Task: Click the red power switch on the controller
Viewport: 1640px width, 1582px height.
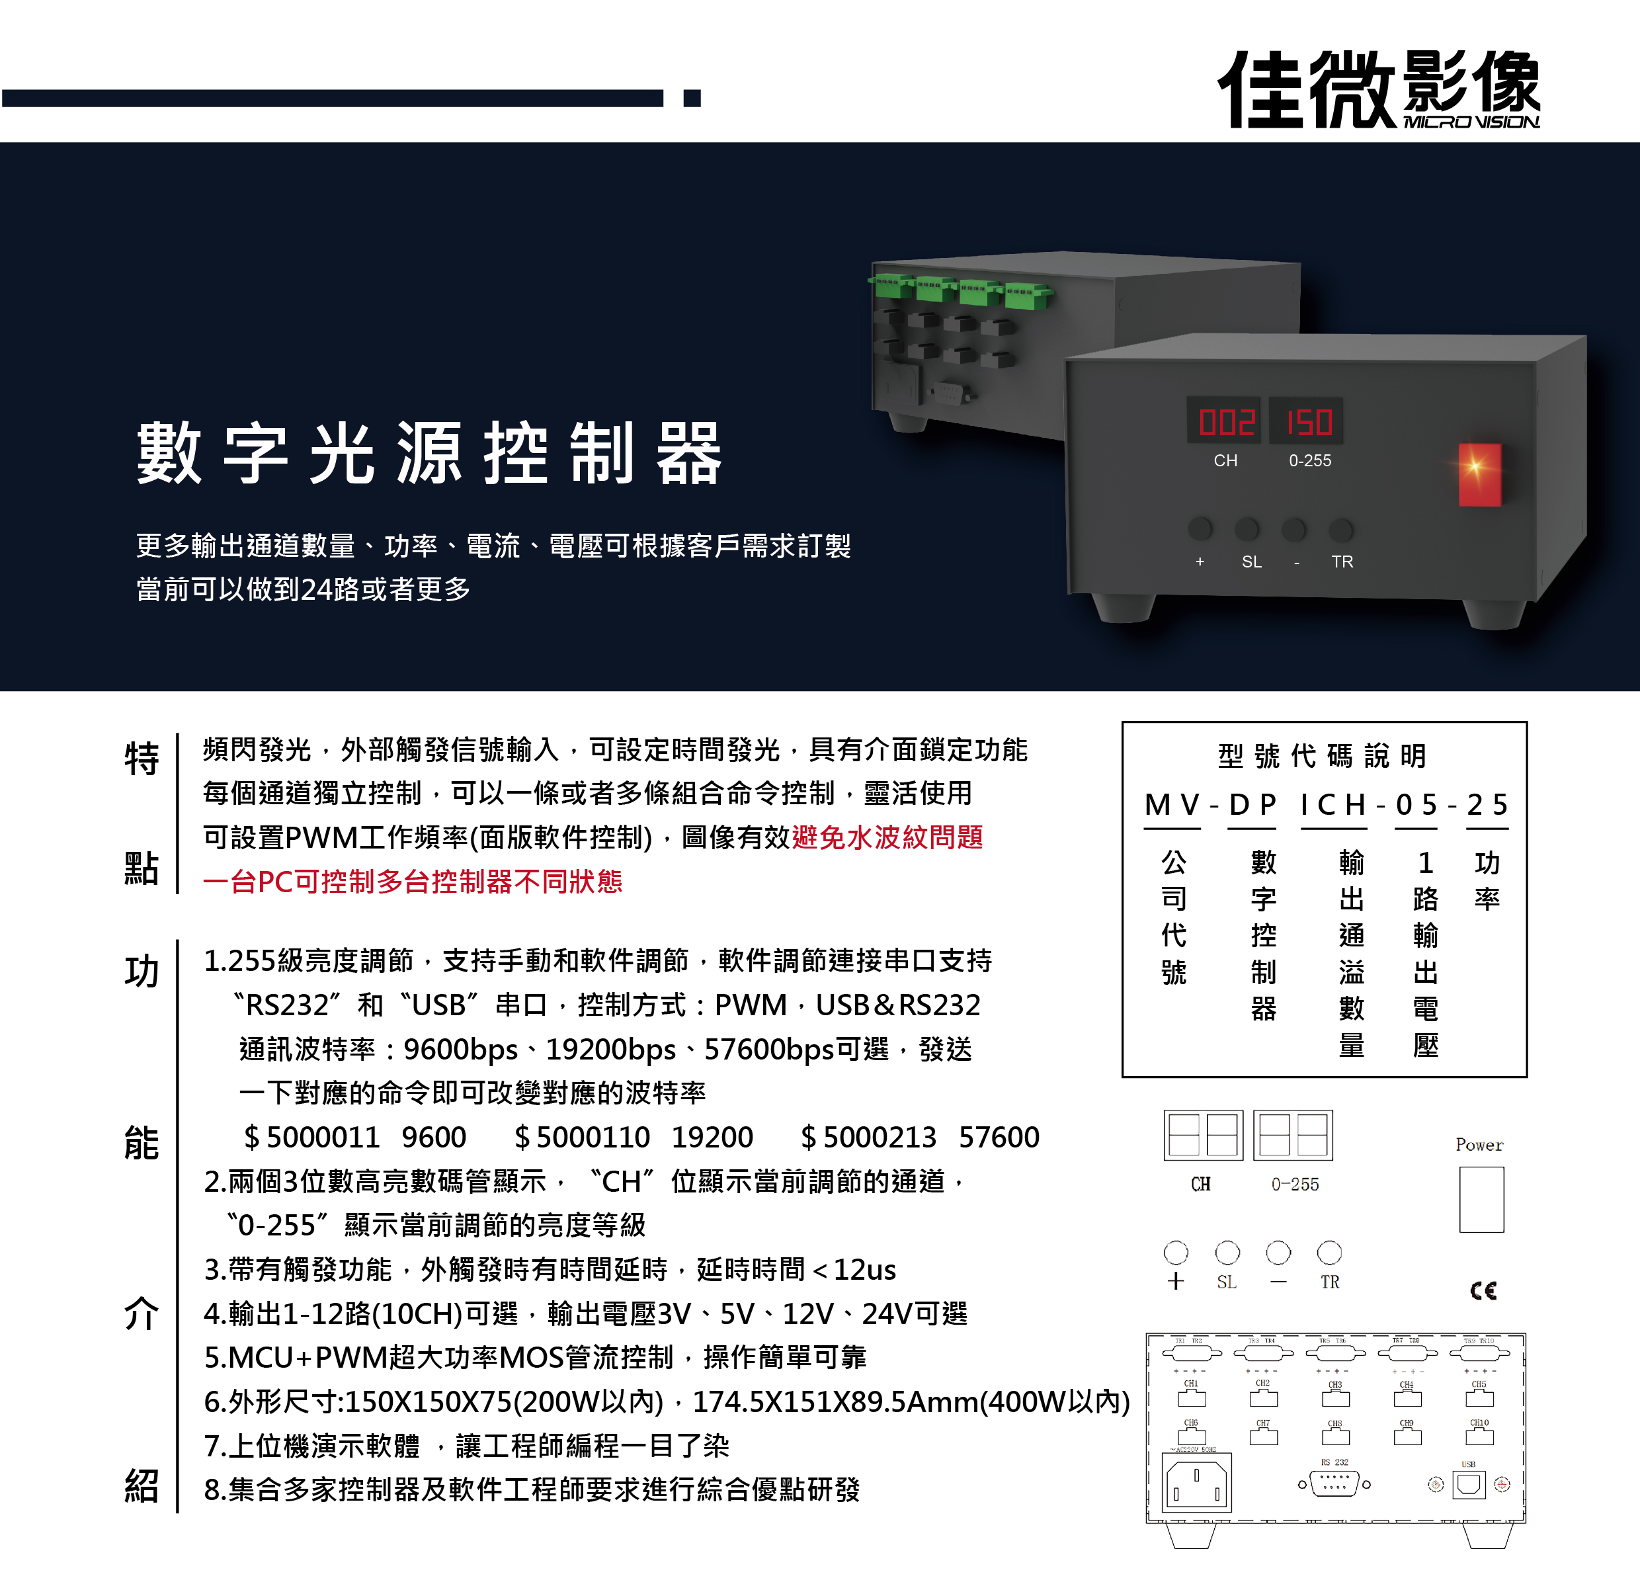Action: [x=1479, y=475]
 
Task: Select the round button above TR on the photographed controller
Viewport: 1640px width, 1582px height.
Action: [x=1340, y=529]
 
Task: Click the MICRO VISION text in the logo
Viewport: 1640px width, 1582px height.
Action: [x=1470, y=122]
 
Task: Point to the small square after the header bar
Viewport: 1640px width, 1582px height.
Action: [x=691, y=98]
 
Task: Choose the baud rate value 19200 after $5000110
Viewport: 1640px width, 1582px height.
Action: [x=712, y=1137]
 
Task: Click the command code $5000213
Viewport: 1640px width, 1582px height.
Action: [x=868, y=1137]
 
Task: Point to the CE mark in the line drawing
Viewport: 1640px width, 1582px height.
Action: [x=1483, y=1290]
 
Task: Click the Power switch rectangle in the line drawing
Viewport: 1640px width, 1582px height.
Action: [x=1481, y=1198]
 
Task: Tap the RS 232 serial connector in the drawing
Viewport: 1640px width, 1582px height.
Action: [x=1334, y=1483]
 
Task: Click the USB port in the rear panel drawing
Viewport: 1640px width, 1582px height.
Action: [x=1469, y=1484]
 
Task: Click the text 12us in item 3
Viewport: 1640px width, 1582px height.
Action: [x=864, y=1270]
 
